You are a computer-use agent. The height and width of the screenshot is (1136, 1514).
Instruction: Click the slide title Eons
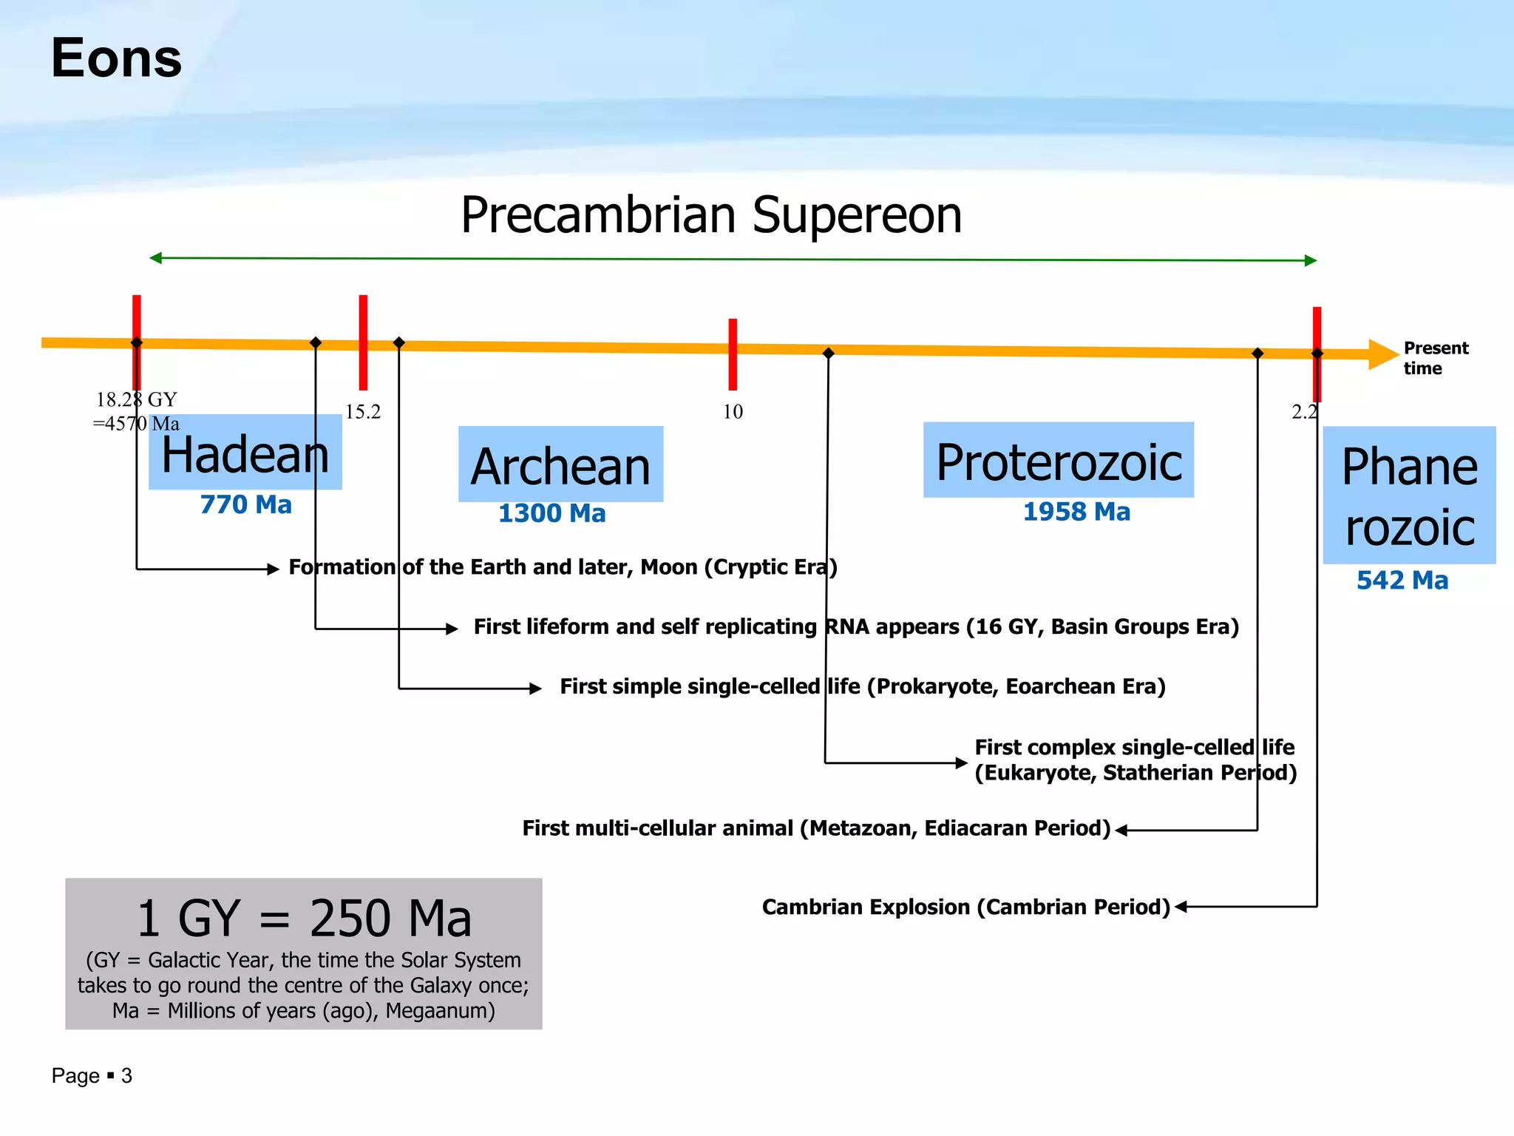click(x=116, y=58)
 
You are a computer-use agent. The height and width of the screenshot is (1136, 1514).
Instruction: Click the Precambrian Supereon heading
click(x=711, y=215)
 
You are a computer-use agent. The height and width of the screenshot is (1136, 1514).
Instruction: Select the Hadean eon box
click(x=245, y=453)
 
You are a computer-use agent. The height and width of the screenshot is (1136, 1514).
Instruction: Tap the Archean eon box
click(x=560, y=465)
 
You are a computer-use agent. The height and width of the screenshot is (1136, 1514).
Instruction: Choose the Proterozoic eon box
click(x=1058, y=461)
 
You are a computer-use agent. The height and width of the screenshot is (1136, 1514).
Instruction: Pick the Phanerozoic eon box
click(x=1409, y=496)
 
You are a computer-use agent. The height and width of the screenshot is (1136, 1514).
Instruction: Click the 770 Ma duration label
click(x=245, y=505)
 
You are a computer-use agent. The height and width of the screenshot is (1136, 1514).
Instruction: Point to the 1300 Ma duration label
click(x=551, y=513)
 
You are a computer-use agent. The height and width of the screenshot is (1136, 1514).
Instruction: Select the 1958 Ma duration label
click(x=1076, y=512)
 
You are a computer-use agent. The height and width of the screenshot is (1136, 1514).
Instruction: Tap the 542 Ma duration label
click(x=1402, y=581)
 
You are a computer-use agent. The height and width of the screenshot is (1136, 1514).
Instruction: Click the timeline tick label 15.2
click(x=363, y=412)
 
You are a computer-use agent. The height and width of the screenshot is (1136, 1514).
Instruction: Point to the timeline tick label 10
click(x=733, y=412)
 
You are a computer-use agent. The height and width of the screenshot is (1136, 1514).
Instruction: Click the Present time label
click(x=1435, y=358)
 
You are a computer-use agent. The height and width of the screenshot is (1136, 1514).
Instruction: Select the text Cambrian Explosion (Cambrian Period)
click(x=965, y=907)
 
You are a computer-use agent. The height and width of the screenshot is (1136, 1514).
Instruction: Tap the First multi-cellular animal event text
click(x=816, y=828)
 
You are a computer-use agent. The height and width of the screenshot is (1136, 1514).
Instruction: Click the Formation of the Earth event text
click(x=563, y=567)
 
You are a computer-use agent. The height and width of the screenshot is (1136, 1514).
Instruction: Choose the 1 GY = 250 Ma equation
click(x=304, y=918)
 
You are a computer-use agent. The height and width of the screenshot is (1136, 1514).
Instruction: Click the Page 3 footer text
click(x=92, y=1075)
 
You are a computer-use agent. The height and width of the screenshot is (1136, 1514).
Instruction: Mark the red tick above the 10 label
click(x=733, y=354)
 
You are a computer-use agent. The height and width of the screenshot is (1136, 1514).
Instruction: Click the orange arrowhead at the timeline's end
click(x=1382, y=354)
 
